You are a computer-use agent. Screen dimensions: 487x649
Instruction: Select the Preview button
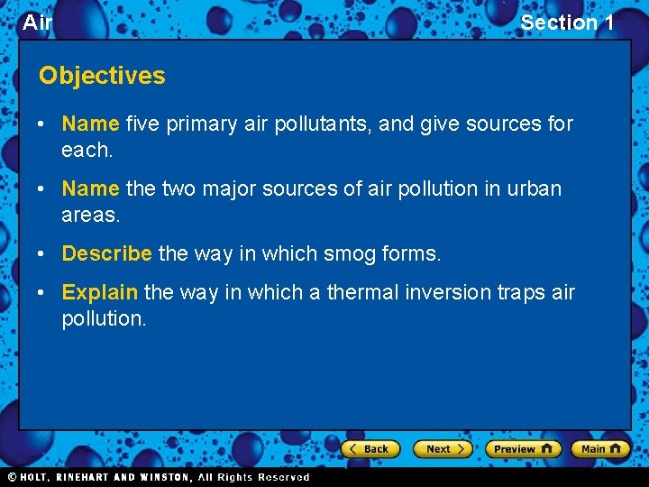tap(522, 449)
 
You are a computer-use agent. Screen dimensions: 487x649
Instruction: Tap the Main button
tap(599, 449)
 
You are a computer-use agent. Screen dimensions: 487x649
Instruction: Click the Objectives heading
tap(102, 76)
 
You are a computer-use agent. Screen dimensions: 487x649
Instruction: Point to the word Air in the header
tap(37, 23)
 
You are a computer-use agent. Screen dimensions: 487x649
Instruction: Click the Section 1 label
tap(567, 23)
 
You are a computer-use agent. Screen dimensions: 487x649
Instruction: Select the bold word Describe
tap(106, 253)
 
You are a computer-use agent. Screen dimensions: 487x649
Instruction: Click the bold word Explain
tap(99, 292)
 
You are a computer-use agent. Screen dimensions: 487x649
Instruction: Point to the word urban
tap(535, 188)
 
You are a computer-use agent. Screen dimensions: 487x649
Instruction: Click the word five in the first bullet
tap(142, 124)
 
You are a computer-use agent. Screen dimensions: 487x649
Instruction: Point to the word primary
tap(201, 124)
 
